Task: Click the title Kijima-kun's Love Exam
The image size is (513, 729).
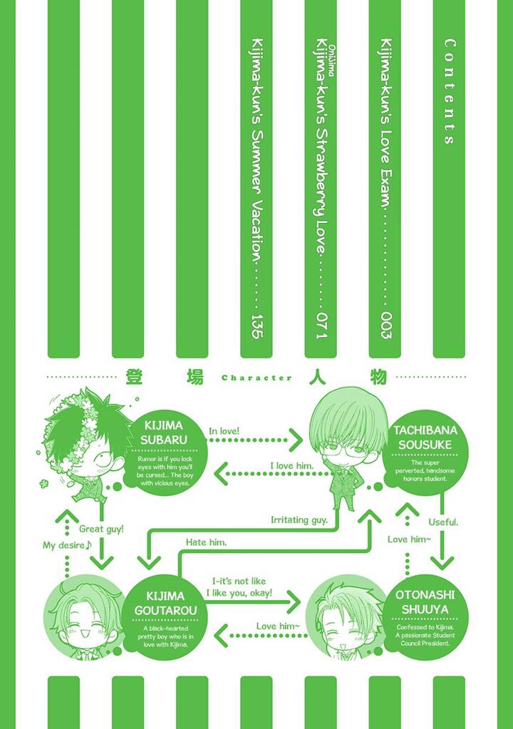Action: pos(385,121)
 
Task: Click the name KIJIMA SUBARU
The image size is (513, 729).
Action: pos(164,433)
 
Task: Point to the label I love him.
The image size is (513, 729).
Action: pos(291,465)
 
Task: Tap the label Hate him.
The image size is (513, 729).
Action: pos(206,542)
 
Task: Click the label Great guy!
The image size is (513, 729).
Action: pos(101,529)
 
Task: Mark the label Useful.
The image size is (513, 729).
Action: pos(443,522)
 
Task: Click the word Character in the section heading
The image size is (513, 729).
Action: pos(256,378)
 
